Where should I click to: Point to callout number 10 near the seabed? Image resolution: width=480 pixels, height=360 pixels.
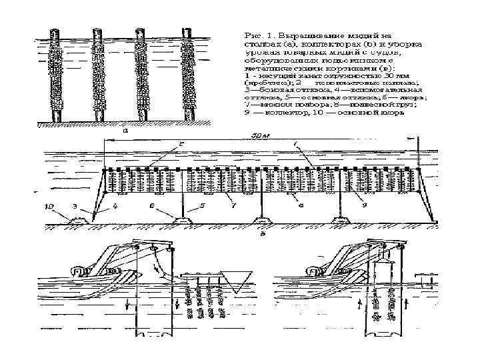coord(51,207)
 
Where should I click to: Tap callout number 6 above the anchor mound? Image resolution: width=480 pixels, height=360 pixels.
coord(152,207)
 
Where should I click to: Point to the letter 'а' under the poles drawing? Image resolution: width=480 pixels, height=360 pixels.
coord(126,131)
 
